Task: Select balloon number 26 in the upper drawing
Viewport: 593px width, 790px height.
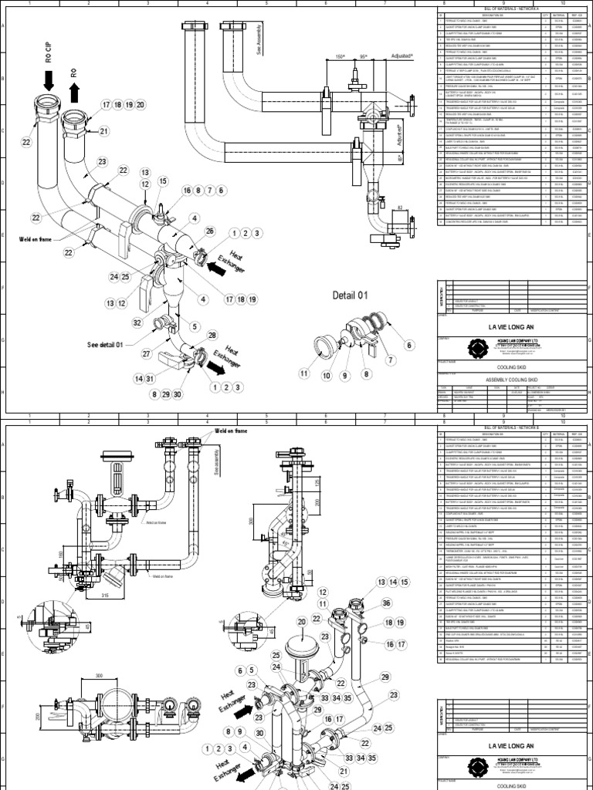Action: click(210, 230)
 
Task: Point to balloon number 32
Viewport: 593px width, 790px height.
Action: click(139, 322)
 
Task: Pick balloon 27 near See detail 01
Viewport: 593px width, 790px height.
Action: click(147, 353)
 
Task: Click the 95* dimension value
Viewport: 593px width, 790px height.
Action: click(364, 56)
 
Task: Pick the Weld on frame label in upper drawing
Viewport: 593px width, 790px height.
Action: click(37, 240)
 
